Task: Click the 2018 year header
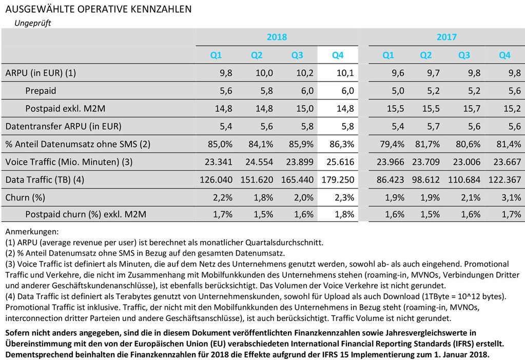tap(277, 37)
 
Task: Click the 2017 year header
tap(446, 37)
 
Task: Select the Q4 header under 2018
tap(337, 55)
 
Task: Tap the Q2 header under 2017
tap(425, 55)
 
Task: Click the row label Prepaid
tap(41, 91)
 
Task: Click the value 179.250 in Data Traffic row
tap(338, 179)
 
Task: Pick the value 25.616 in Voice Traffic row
tap(340, 162)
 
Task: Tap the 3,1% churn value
tap(511, 197)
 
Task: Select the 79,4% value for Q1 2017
tap(392, 144)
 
